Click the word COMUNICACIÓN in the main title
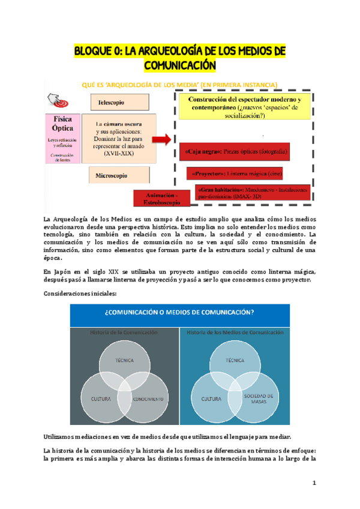tap(180, 64)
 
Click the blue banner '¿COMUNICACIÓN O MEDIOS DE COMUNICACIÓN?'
tap(180, 313)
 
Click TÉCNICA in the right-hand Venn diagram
tap(236, 360)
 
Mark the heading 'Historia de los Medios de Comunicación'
tap(235, 332)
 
